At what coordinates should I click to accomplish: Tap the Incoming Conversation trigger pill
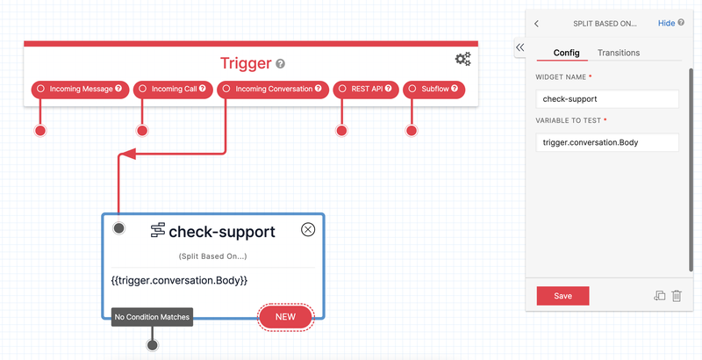[x=272, y=89]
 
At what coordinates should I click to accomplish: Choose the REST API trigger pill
[x=365, y=89]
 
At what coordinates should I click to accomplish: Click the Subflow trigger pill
[x=434, y=89]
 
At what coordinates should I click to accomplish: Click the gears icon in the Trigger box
[x=462, y=59]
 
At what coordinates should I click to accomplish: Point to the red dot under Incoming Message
[x=39, y=132]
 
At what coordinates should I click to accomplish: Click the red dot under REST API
[x=341, y=132]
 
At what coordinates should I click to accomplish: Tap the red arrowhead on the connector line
[x=125, y=155]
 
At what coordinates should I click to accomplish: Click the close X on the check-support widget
[x=308, y=229]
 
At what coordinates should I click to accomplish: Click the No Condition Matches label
[x=152, y=317]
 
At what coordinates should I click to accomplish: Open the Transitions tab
[x=619, y=53]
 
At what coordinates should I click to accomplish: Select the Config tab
[x=566, y=53]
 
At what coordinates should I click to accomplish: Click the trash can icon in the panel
[x=677, y=296]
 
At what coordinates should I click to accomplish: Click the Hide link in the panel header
[x=667, y=23]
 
